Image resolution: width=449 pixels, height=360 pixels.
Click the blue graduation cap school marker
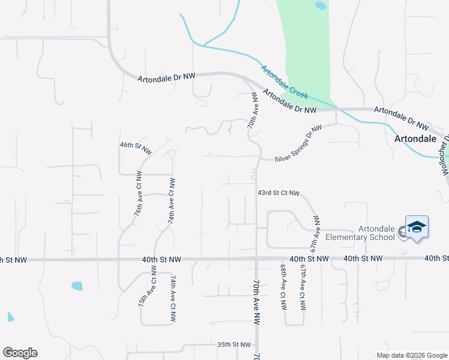tap(417, 227)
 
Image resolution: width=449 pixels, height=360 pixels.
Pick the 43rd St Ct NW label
tap(278, 193)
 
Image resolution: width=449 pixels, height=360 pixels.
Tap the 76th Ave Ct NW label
tap(138, 194)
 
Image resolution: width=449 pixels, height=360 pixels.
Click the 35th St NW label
tap(234, 345)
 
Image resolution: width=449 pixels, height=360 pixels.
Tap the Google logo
tap(20, 353)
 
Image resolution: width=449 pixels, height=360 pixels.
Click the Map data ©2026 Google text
tap(411, 355)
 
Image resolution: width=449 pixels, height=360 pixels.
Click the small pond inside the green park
tap(321, 6)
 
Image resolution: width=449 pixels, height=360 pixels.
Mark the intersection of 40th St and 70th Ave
tap(256, 259)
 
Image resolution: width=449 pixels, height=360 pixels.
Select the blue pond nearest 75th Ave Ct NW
tap(77, 286)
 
